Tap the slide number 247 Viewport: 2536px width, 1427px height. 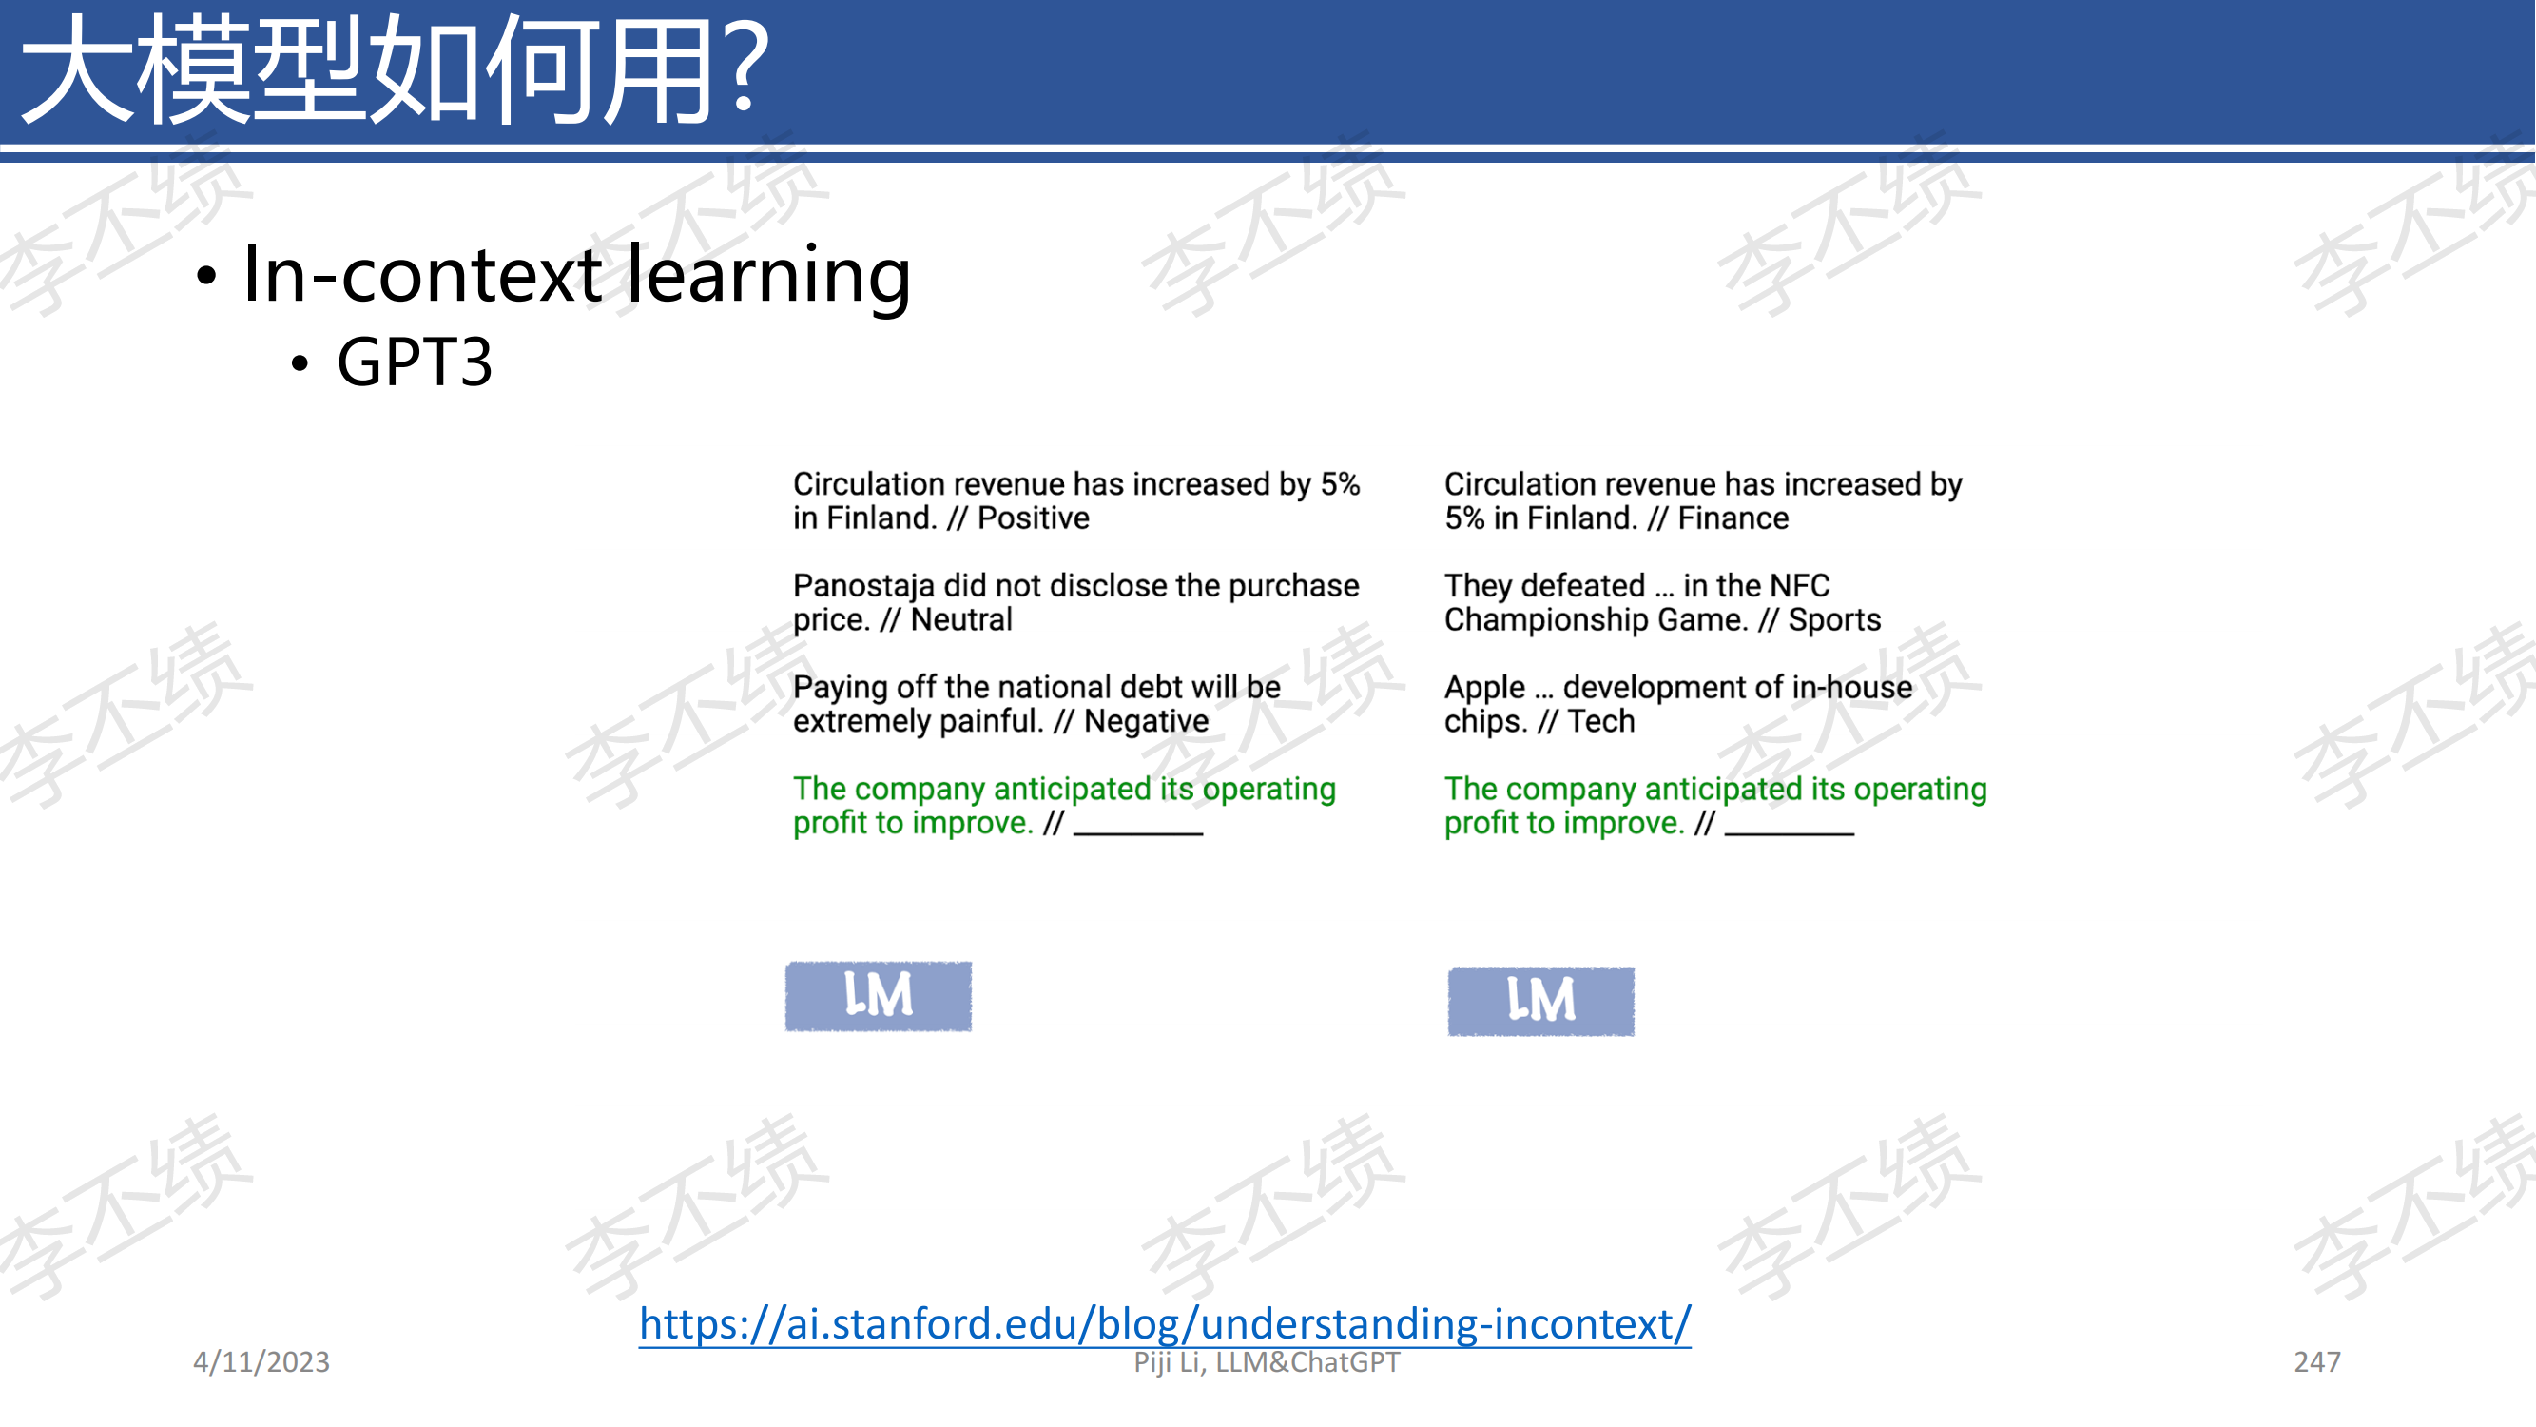[2316, 1361]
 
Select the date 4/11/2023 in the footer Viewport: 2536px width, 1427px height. [261, 1361]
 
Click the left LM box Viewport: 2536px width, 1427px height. [879, 996]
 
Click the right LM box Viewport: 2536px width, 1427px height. [1540, 1001]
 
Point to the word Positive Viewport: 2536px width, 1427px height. [1033, 518]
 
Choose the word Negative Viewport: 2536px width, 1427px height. [1146, 722]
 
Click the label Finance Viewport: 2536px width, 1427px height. [1733, 518]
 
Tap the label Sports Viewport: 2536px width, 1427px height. [1834, 620]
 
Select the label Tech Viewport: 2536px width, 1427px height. [1600, 721]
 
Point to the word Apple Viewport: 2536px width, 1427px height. [1484, 688]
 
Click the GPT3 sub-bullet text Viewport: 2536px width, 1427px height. [415, 362]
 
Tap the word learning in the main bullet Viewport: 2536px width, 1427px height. [769, 275]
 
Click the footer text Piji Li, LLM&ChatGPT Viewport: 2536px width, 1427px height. [1266, 1362]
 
